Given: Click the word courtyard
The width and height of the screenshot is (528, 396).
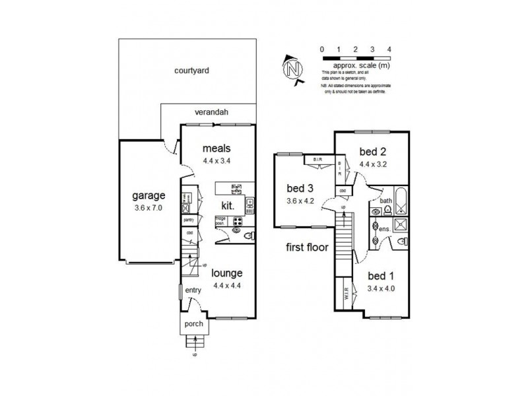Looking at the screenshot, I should point(191,71).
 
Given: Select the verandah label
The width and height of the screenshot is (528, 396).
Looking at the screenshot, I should point(211,112).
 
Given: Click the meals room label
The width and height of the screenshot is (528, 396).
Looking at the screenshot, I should point(218,147).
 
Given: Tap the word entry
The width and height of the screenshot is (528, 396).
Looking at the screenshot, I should point(193,290).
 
